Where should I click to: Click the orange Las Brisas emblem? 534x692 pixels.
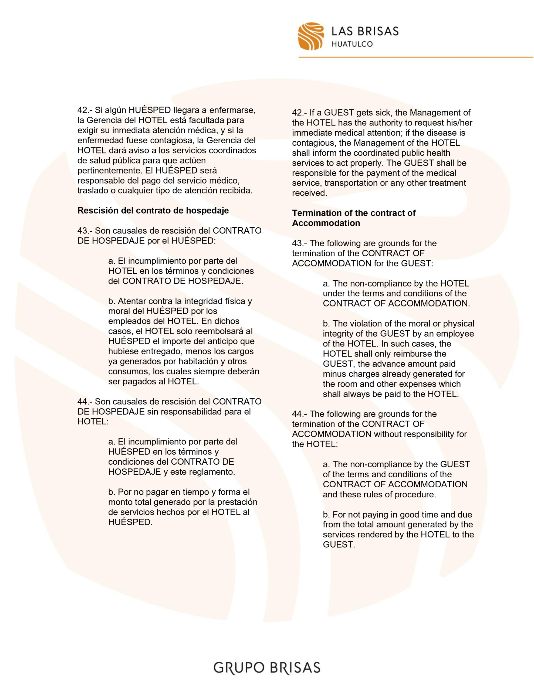(x=311, y=36)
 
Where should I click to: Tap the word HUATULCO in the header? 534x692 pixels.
(x=352, y=44)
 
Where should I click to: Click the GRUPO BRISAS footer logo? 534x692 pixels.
(x=267, y=667)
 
